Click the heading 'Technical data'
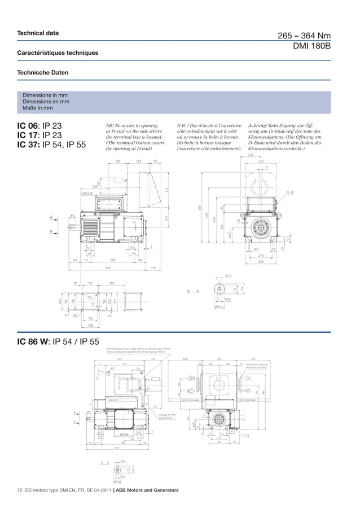38,33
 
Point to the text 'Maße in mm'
37,108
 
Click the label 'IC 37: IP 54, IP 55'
51,144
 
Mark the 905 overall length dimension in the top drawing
107,267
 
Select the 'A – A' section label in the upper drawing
194,291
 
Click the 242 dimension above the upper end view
251,155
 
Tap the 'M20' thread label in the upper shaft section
228,300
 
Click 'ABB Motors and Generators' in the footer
147,490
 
